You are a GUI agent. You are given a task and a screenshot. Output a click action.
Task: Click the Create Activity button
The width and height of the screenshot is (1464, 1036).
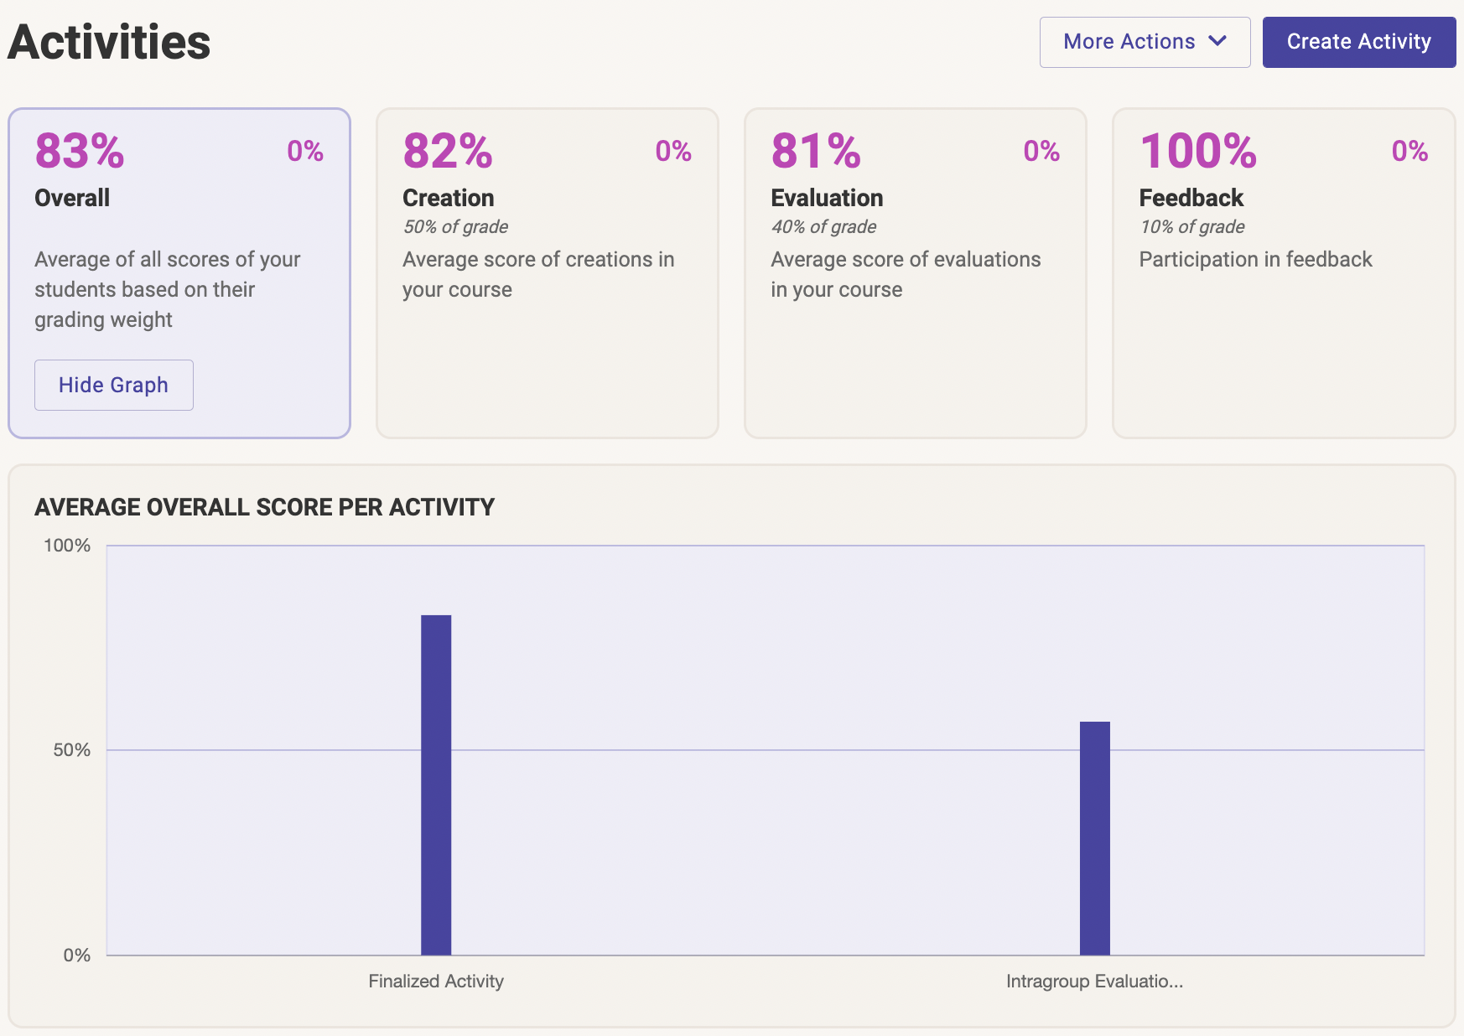[x=1358, y=42]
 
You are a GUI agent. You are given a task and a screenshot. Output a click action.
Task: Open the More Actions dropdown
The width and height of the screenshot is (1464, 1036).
[x=1144, y=42]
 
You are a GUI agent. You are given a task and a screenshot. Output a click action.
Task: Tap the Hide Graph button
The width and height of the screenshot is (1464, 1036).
[x=113, y=385]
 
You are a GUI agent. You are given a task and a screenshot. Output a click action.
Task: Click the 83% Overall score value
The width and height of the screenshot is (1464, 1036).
[x=80, y=151]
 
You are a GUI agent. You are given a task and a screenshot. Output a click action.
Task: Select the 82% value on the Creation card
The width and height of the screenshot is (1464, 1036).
[x=448, y=151]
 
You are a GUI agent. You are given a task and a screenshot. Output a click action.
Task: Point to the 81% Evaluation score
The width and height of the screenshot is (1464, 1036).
[x=816, y=151]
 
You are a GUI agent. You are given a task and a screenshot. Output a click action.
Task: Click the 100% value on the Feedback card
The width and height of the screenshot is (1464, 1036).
[x=1198, y=151]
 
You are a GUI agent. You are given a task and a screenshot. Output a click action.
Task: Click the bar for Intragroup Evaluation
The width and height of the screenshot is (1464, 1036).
[x=1094, y=837]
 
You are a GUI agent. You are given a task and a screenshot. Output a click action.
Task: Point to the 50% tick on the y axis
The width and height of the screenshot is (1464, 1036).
[x=72, y=750]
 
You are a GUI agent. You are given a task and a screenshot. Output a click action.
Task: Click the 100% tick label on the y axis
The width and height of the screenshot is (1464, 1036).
[x=67, y=546]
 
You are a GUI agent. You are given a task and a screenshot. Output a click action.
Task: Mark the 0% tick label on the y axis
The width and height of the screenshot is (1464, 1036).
[x=77, y=956]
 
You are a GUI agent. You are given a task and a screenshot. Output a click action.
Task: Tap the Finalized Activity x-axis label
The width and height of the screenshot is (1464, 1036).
[x=436, y=982]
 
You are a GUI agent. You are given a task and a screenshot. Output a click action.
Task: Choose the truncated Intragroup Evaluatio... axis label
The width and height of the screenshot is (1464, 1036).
[x=1094, y=982]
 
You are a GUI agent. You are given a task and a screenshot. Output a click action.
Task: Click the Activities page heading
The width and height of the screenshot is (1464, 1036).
[x=109, y=42]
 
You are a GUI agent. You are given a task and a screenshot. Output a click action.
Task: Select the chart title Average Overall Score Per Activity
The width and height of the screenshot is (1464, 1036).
[x=264, y=507]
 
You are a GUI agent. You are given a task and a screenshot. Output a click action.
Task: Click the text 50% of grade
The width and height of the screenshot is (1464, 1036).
[x=455, y=227]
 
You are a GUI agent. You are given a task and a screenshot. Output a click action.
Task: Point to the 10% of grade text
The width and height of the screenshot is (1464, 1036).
[x=1191, y=227]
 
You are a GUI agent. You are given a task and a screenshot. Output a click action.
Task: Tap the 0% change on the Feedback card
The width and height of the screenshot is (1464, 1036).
[x=1409, y=151]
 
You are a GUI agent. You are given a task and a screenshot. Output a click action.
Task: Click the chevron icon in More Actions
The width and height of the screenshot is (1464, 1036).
[x=1217, y=41]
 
